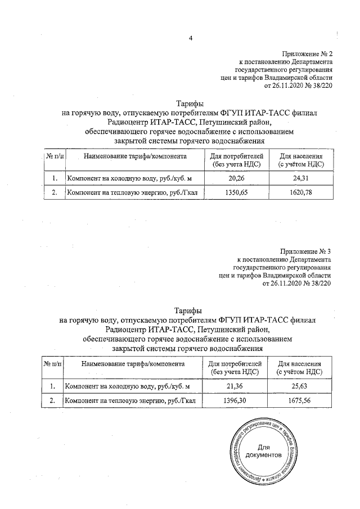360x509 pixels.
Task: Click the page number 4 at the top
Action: tap(190, 38)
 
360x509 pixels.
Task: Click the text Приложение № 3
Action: tap(305, 251)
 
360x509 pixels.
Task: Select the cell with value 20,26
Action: tap(236, 178)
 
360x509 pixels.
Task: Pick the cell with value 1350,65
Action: tap(236, 192)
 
